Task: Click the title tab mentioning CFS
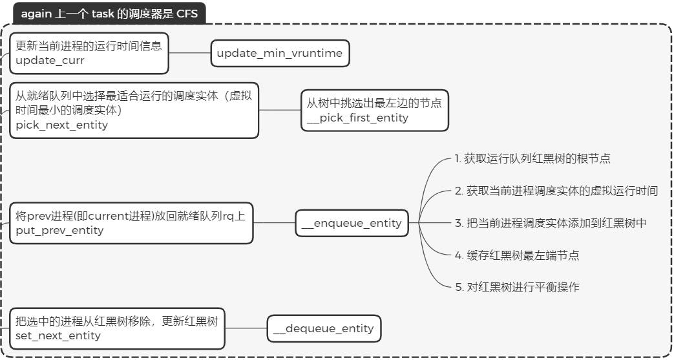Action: (x=109, y=14)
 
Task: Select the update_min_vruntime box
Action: (x=280, y=54)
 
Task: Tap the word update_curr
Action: (x=50, y=61)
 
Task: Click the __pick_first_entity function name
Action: (x=357, y=118)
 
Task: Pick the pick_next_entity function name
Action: (x=61, y=125)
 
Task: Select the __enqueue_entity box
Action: (x=352, y=223)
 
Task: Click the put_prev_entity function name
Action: (x=59, y=231)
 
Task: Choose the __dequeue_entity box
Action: (x=324, y=328)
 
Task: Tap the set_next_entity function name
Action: (x=58, y=336)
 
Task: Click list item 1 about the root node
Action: (x=532, y=159)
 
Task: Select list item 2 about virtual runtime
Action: (x=556, y=191)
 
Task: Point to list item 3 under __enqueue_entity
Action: (x=551, y=223)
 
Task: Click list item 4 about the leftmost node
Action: (x=517, y=255)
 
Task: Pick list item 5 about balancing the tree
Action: (x=517, y=288)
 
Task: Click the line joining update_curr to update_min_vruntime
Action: (x=189, y=54)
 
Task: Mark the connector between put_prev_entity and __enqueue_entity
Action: (x=274, y=223)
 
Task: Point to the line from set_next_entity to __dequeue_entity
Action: (x=246, y=328)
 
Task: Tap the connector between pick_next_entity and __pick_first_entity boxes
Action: (x=280, y=110)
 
